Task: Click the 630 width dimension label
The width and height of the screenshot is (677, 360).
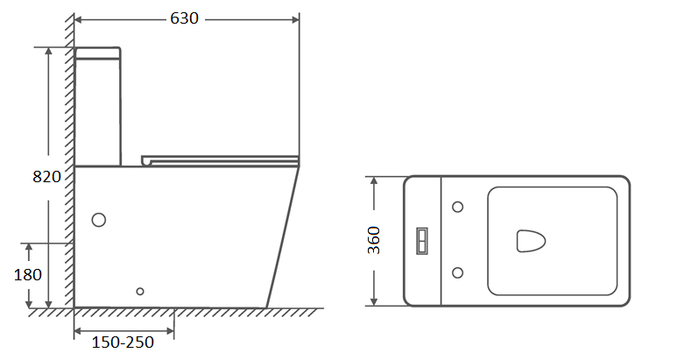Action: point(185,18)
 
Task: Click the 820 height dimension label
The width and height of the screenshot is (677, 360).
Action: point(46,177)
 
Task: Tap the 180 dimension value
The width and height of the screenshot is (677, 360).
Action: point(28,274)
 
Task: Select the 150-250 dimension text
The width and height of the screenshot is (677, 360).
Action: point(123,342)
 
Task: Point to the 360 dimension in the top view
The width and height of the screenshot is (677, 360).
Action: point(374,240)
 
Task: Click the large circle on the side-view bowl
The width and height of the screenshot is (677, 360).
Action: point(99,220)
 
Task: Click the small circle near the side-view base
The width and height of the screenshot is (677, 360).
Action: point(140,292)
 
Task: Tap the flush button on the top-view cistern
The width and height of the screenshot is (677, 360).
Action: point(422,241)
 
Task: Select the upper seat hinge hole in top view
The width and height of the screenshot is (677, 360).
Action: point(458,207)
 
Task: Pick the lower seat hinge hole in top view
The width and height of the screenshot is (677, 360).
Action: point(458,272)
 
